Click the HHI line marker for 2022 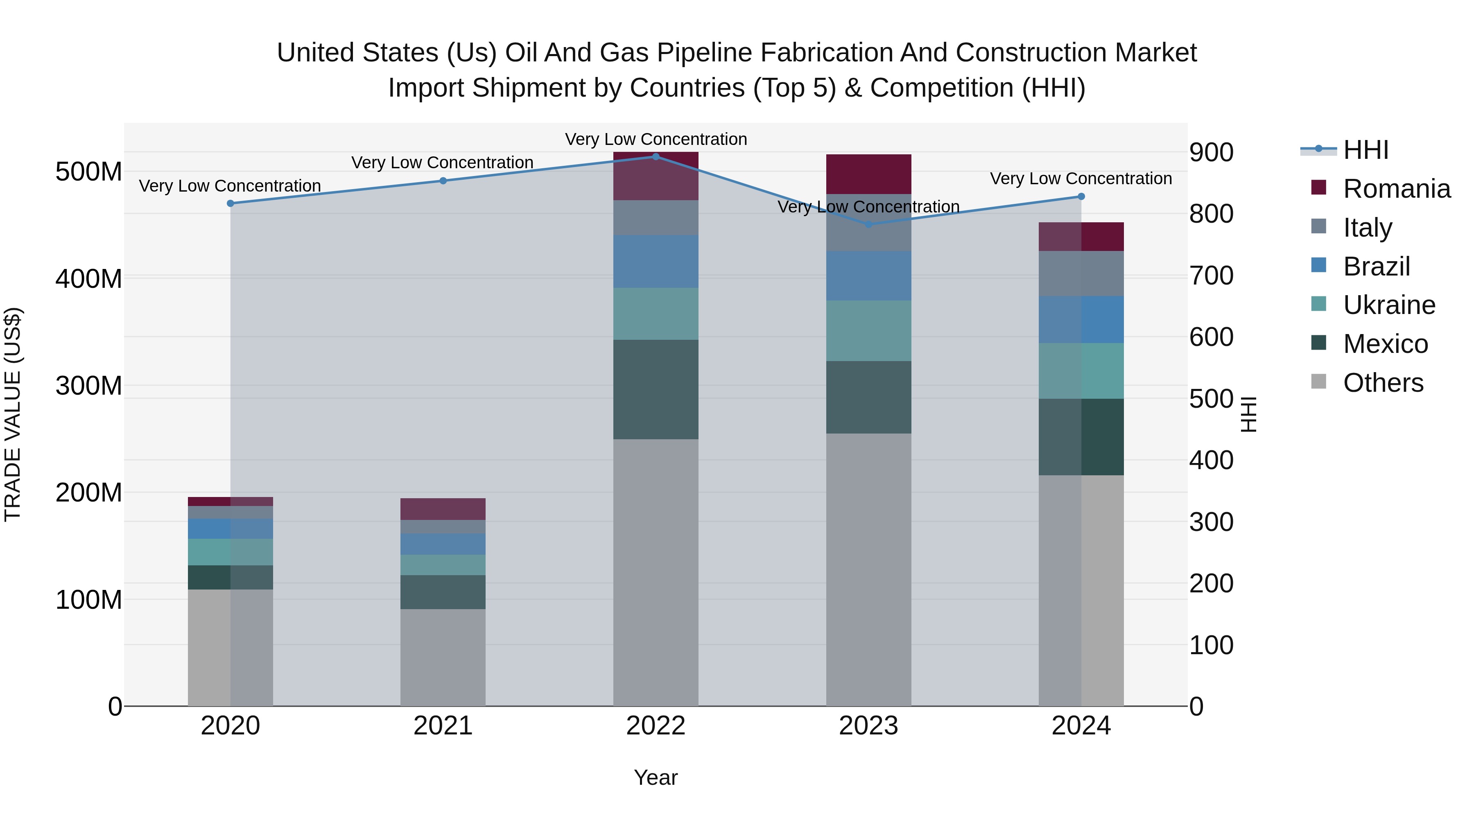(x=656, y=157)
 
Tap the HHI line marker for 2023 (x=868, y=224)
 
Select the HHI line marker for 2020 (x=231, y=204)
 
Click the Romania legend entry (x=1397, y=189)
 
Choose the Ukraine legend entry (x=1389, y=305)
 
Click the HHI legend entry (x=1365, y=150)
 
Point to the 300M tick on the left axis (x=89, y=386)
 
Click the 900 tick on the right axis (x=1211, y=153)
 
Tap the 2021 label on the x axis (x=443, y=726)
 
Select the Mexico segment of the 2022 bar (x=656, y=390)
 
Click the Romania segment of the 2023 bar (x=868, y=174)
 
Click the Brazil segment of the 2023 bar (x=868, y=276)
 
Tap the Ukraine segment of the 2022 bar (x=656, y=314)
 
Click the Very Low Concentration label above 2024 (x=1081, y=179)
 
